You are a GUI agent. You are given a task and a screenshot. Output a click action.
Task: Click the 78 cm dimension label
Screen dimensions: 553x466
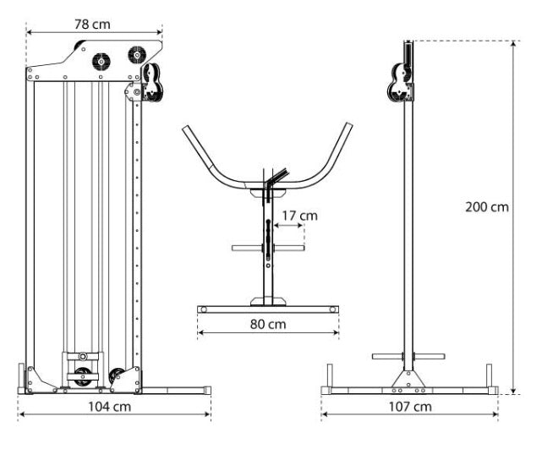coord(92,25)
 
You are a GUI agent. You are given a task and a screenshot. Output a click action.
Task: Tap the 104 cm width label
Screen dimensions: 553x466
coord(109,407)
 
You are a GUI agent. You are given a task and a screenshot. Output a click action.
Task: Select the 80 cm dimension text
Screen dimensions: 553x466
coord(268,324)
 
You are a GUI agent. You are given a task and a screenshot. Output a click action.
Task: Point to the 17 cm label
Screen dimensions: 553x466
coord(300,216)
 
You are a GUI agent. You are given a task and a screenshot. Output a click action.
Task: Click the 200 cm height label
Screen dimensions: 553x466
coord(487,206)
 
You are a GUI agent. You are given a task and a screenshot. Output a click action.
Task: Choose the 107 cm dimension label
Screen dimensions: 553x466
coord(410,407)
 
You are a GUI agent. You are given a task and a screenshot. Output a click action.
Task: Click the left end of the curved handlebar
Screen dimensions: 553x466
coord(186,129)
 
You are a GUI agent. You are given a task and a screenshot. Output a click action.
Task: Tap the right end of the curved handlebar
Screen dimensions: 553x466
coord(349,125)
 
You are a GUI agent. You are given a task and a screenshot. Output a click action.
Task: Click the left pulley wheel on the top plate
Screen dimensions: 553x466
coord(101,62)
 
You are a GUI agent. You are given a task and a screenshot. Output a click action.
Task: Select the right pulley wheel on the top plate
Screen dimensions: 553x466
coord(137,55)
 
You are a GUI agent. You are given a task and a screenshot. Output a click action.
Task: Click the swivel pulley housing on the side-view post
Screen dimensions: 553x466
coord(400,83)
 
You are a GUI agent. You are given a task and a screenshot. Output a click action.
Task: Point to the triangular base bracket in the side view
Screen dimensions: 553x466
coord(408,379)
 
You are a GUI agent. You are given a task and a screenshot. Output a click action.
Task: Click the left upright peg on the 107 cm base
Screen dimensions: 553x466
coord(330,376)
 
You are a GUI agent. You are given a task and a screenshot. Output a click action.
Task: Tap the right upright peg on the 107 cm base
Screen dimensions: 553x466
coord(489,376)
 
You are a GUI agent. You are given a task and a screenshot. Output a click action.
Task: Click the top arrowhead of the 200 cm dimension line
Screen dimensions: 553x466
coord(513,44)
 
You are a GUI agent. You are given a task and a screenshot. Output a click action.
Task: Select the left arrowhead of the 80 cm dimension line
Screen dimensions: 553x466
coord(200,332)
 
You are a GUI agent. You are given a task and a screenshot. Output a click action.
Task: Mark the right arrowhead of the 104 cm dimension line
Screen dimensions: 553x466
coord(208,414)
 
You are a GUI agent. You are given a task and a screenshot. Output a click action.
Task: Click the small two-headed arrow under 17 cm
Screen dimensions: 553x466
coord(289,226)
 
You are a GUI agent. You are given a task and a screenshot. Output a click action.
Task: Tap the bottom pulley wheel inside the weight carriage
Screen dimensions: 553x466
coord(83,377)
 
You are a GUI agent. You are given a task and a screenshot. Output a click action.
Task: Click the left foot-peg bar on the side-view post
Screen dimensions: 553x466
coord(387,357)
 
